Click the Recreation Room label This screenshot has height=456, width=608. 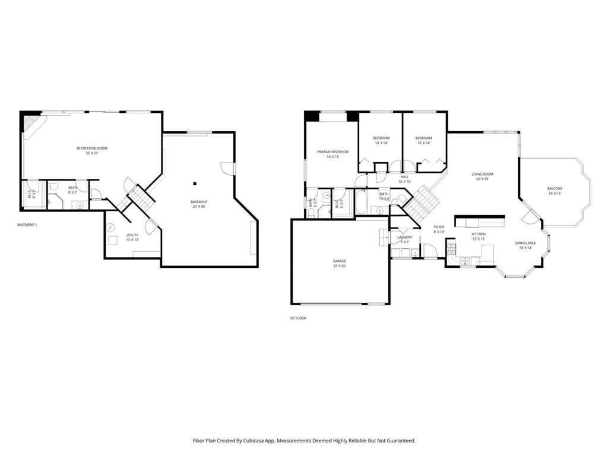coord(92,148)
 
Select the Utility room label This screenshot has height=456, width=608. coord(132,235)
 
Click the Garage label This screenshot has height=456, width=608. coord(340,261)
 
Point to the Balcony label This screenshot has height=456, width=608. coord(555,189)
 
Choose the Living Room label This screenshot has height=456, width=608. coord(482,174)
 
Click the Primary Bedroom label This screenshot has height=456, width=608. coord(332,152)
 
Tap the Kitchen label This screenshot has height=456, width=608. coord(479,234)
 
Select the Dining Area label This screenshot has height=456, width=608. coord(525,243)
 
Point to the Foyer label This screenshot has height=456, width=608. coord(439,227)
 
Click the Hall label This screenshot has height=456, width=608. coord(404,176)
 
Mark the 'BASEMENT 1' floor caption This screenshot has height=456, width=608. coord(27,225)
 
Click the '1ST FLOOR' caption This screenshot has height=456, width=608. coord(297,318)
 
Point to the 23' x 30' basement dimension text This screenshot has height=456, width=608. coord(199,207)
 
